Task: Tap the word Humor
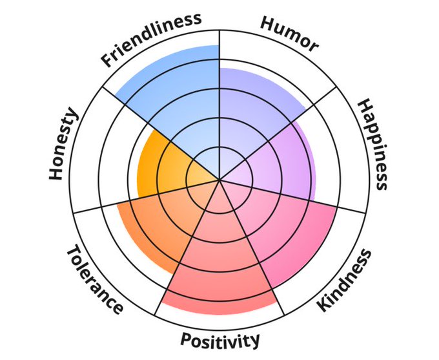(289, 33)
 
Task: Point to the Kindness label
(345, 280)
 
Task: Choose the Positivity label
(220, 339)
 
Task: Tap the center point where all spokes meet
(219, 180)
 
